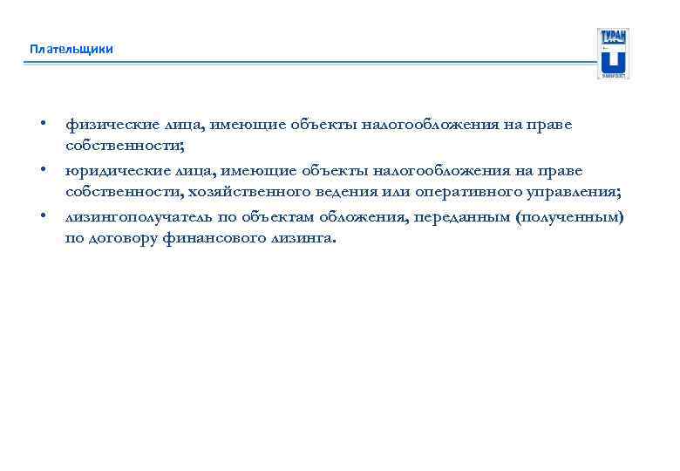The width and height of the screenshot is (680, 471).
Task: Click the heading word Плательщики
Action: (71, 49)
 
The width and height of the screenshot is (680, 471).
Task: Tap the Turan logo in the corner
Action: (612, 53)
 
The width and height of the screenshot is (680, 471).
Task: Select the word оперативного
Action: (439, 193)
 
